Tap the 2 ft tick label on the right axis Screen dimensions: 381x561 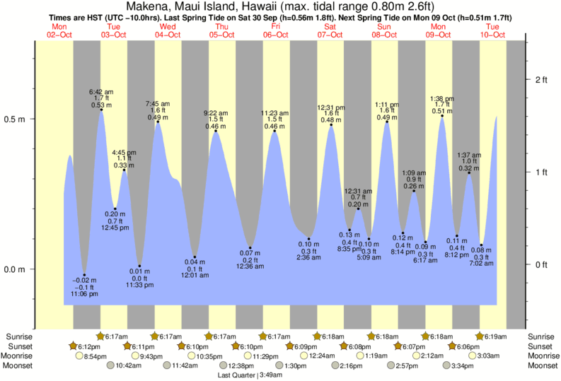click(x=542, y=79)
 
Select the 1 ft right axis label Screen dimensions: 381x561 click(x=542, y=172)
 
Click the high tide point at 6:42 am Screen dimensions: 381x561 click(x=101, y=110)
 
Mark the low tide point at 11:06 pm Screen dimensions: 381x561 click(x=84, y=275)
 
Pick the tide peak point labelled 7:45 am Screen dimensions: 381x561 click(x=158, y=122)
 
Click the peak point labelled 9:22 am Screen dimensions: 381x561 click(x=216, y=131)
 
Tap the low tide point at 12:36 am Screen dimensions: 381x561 click(x=250, y=248)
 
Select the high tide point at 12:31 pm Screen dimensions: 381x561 click(x=330, y=125)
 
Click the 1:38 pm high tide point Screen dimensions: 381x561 click(x=442, y=116)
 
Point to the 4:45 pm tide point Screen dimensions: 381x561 click(x=125, y=170)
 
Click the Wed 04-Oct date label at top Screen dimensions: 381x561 click(x=168, y=30)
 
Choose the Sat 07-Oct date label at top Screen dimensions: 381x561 click(x=330, y=30)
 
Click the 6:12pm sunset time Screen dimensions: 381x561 click(x=89, y=346)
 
